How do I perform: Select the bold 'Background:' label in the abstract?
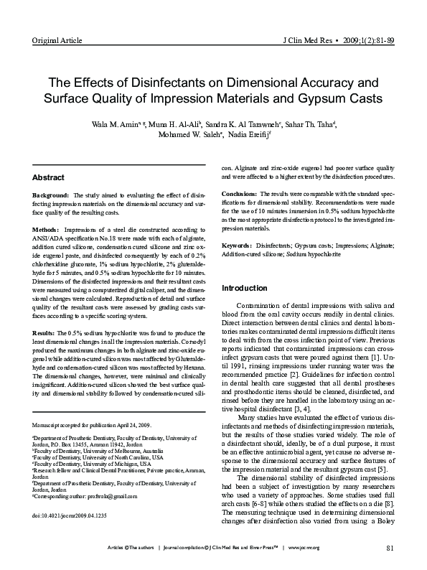pyautogui.click(x=52, y=196)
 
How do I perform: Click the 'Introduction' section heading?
pyautogui.click(x=245, y=288)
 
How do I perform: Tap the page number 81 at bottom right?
pyautogui.click(x=390, y=549)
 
